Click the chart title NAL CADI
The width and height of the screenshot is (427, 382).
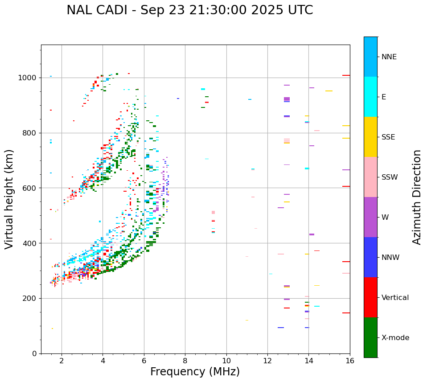click(189, 10)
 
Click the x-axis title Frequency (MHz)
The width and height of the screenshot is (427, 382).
click(195, 372)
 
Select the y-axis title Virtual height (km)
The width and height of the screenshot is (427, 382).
click(9, 199)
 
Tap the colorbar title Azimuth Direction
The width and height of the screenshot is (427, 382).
click(417, 197)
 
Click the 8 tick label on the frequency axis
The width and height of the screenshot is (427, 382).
click(185, 361)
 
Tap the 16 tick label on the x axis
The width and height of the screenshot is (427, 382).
click(350, 361)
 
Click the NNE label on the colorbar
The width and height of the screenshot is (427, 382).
click(389, 57)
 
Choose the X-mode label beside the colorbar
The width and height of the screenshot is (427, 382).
click(395, 338)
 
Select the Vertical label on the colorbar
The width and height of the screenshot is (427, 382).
click(395, 298)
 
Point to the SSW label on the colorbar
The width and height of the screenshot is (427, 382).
click(390, 177)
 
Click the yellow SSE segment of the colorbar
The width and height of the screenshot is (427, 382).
click(370, 137)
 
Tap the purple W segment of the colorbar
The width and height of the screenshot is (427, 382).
click(370, 217)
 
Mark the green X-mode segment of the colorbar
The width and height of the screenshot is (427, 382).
click(370, 337)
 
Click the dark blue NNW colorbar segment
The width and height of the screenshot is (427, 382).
click(370, 257)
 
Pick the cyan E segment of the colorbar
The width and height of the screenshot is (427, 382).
click(370, 97)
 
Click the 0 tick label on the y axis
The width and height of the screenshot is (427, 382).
click(34, 353)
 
